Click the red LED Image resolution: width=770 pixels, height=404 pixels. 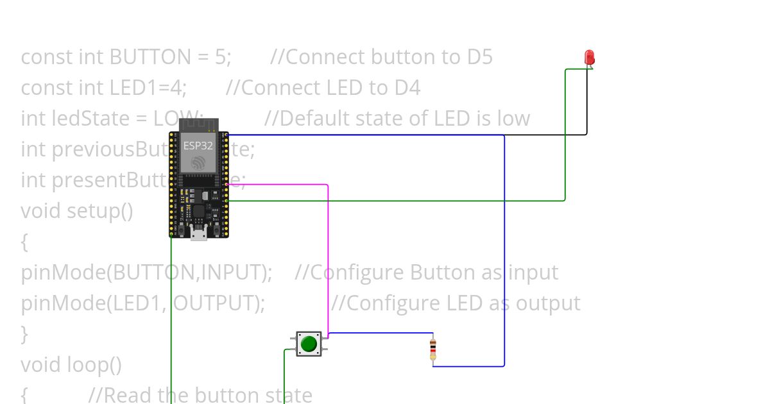click(589, 58)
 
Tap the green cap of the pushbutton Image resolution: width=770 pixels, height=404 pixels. click(309, 343)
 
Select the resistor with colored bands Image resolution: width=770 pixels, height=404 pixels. click(433, 349)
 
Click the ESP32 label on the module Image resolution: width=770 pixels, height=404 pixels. click(198, 146)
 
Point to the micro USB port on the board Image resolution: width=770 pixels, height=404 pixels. click(198, 235)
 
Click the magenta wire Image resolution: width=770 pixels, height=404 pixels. click(328, 257)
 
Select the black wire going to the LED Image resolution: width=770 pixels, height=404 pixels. click(586, 103)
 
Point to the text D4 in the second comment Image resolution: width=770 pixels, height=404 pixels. click(407, 88)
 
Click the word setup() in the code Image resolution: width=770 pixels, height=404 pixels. click(99, 210)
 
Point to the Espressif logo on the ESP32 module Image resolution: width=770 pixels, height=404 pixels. click(198, 164)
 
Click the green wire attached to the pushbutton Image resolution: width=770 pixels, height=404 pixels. click(284, 378)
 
